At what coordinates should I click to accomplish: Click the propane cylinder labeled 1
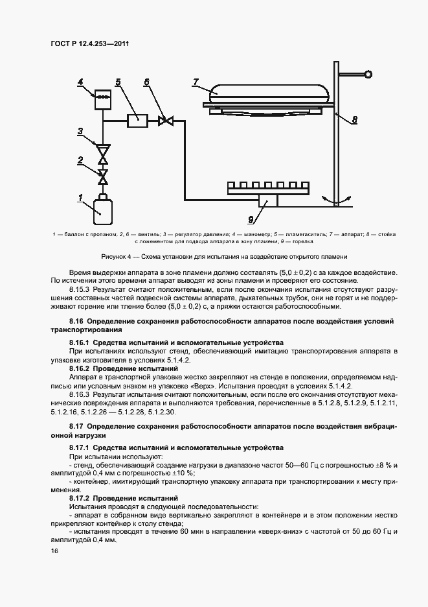(x=102, y=208)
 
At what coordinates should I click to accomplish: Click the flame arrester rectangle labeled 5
(x=137, y=120)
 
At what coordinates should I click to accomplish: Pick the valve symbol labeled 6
(x=166, y=120)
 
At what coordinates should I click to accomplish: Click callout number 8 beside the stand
(x=354, y=119)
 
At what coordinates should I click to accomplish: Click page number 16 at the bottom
(x=54, y=551)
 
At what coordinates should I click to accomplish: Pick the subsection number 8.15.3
(x=80, y=287)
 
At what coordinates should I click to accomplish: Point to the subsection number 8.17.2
(x=81, y=498)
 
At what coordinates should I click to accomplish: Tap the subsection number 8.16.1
(x=81, y=342)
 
